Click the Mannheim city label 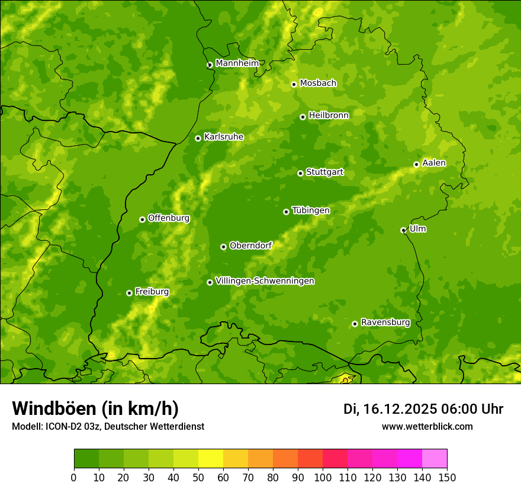(x=237, y=63)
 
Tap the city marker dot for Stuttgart (x=300, y=173)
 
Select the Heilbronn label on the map (x=329, y=116)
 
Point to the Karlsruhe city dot (x=198, y=138)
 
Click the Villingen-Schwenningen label (x=265, y=281)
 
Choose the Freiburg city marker (x=129, y=293)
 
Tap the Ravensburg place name (x=385, y=322)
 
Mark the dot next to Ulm (x=403, y=230)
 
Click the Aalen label (x=434, y=163)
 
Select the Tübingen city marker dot (x=286, y=212)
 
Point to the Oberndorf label (x=250, y=245)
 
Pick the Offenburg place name (x=169, y=218)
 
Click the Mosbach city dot (x=294, y=84)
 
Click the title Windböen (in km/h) (x=95, y=408)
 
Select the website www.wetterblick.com (x=427, y=426)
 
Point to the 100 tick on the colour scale (x=323, y=477)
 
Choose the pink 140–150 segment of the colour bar (x=435, y=458)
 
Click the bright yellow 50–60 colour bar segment (x=211, y=458)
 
